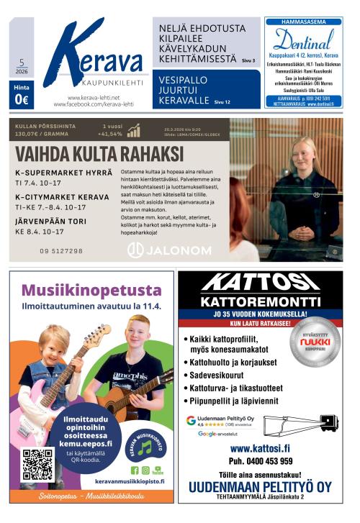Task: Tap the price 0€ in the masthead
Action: tap(22, 101)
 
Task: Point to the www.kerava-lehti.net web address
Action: tap(94, 97)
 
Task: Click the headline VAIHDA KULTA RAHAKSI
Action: tap(99, 154)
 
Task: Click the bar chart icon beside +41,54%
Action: tap(134, 131)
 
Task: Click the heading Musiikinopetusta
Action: tap(91, 291)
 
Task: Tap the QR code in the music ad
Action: tap(37, 465)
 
